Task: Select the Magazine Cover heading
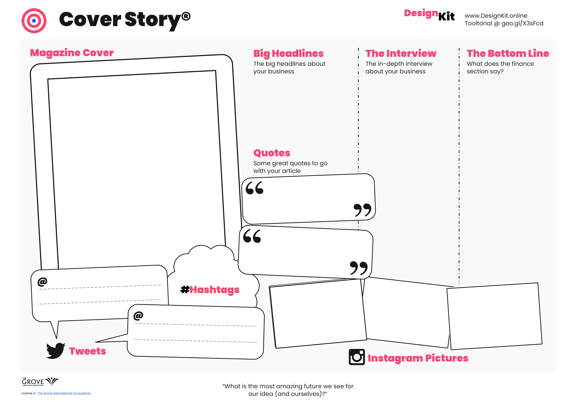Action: (72, 53)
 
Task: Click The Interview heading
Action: (401, 53)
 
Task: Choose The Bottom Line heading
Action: (508, 53)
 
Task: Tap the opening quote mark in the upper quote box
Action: (254, 188)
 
